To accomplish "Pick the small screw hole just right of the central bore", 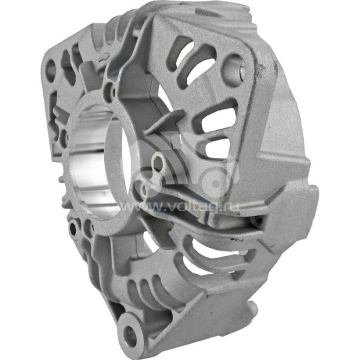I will pos(158,163).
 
